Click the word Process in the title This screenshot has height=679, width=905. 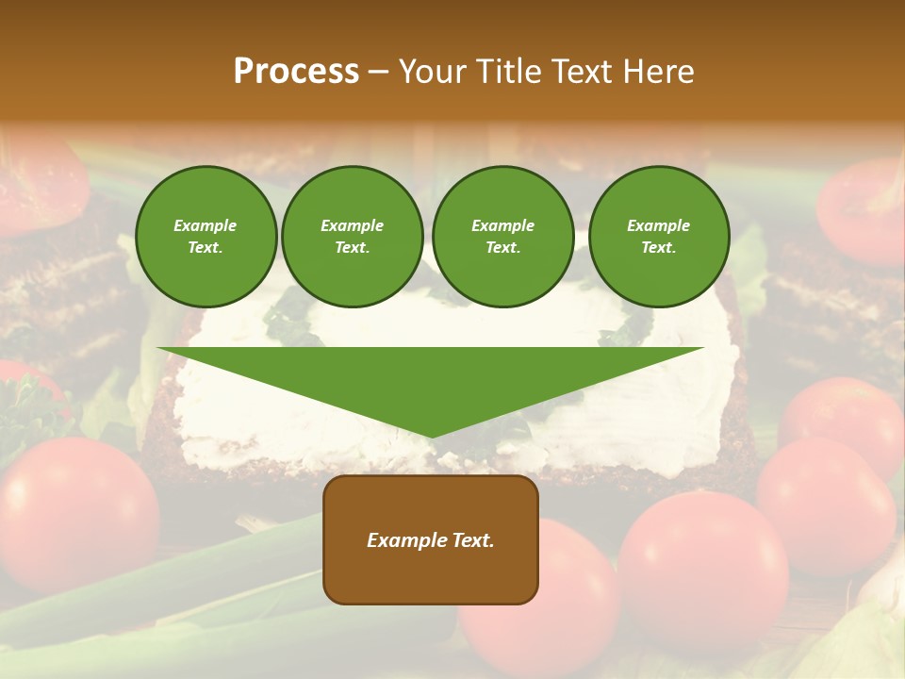(x=296, y=72)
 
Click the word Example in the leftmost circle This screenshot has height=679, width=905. (x=206, y=225)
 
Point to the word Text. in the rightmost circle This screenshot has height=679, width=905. (x=658, y=247)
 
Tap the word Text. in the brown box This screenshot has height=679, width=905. (x=472, y=540)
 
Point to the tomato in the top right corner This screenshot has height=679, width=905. (x=863, y=212)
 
